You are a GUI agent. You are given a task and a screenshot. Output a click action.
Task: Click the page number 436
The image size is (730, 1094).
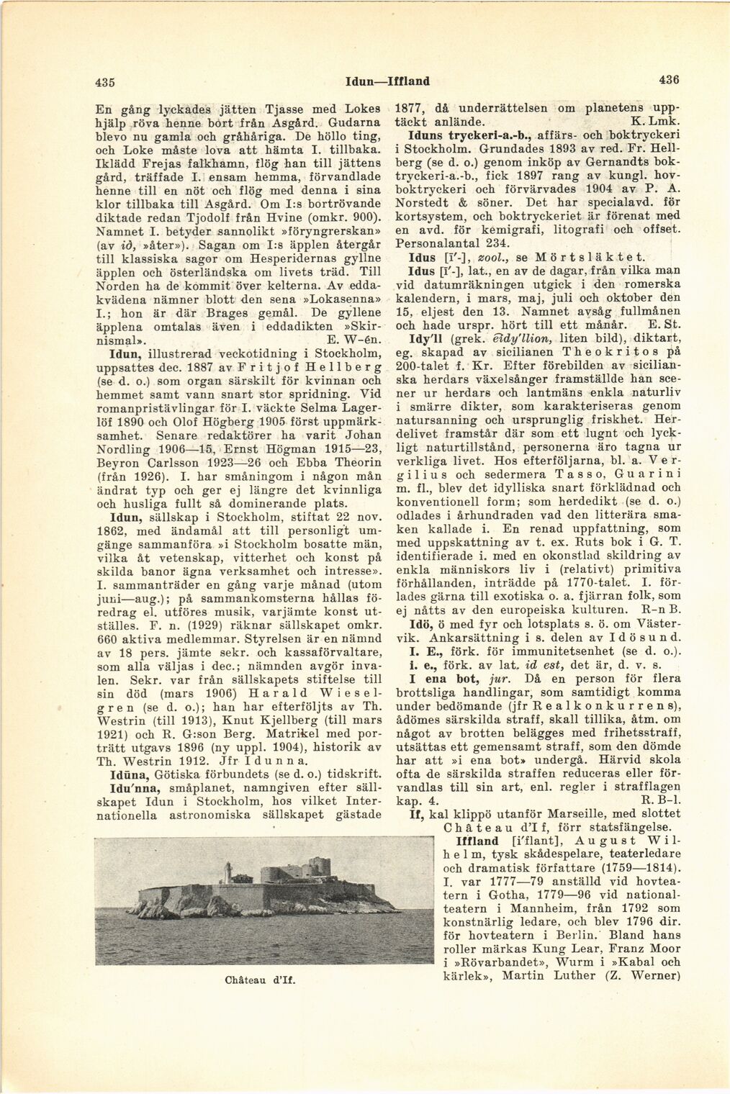(x=668, y=80)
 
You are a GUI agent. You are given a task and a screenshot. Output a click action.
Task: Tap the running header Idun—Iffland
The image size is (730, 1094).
(x=387, y=81)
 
